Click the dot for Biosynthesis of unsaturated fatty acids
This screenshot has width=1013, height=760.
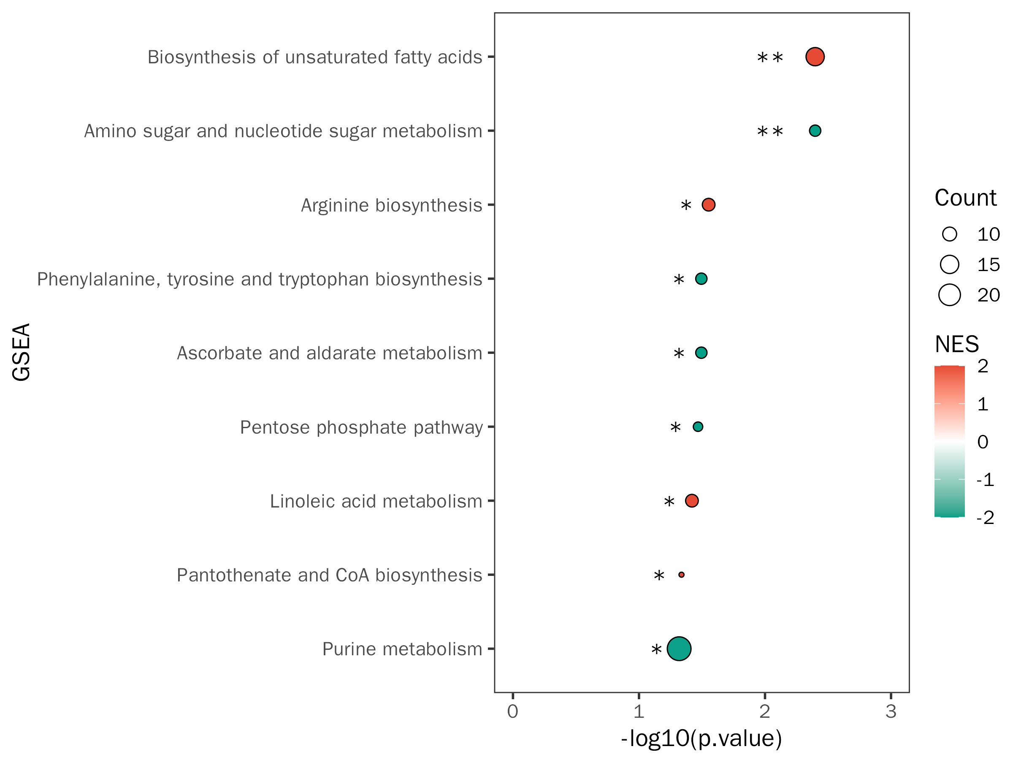click(x=815, y=57)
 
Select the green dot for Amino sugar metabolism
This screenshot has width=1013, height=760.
click(x=815, y=131)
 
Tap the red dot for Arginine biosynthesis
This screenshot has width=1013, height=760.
click(x=708, y=205)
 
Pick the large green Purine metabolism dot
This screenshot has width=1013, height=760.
click(x=679, y=649)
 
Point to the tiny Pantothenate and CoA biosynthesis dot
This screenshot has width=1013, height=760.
click(x=681, y=575)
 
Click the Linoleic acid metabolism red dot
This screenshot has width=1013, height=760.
click(x=691, y=501)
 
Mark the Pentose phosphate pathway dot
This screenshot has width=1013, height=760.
click(x=697, y=427)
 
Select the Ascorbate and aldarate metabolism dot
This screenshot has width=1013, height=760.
click(x=701, y=353)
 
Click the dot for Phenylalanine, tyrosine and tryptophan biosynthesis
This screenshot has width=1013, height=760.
click(x=701, y=279)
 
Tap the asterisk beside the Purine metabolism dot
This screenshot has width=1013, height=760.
click(x=656, y=650)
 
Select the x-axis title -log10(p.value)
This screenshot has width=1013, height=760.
click(x=701, y=738)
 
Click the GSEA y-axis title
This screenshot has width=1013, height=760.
click(x=22, y=352)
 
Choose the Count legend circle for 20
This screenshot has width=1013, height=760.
click(x=949, y=295)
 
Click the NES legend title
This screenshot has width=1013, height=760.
click(x=957, y=344)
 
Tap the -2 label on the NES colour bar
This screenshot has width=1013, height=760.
click(x=985, y=518)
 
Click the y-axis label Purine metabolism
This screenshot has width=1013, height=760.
click(x=402, y=649)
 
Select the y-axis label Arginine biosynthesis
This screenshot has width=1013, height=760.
click(x=392, y=205)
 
